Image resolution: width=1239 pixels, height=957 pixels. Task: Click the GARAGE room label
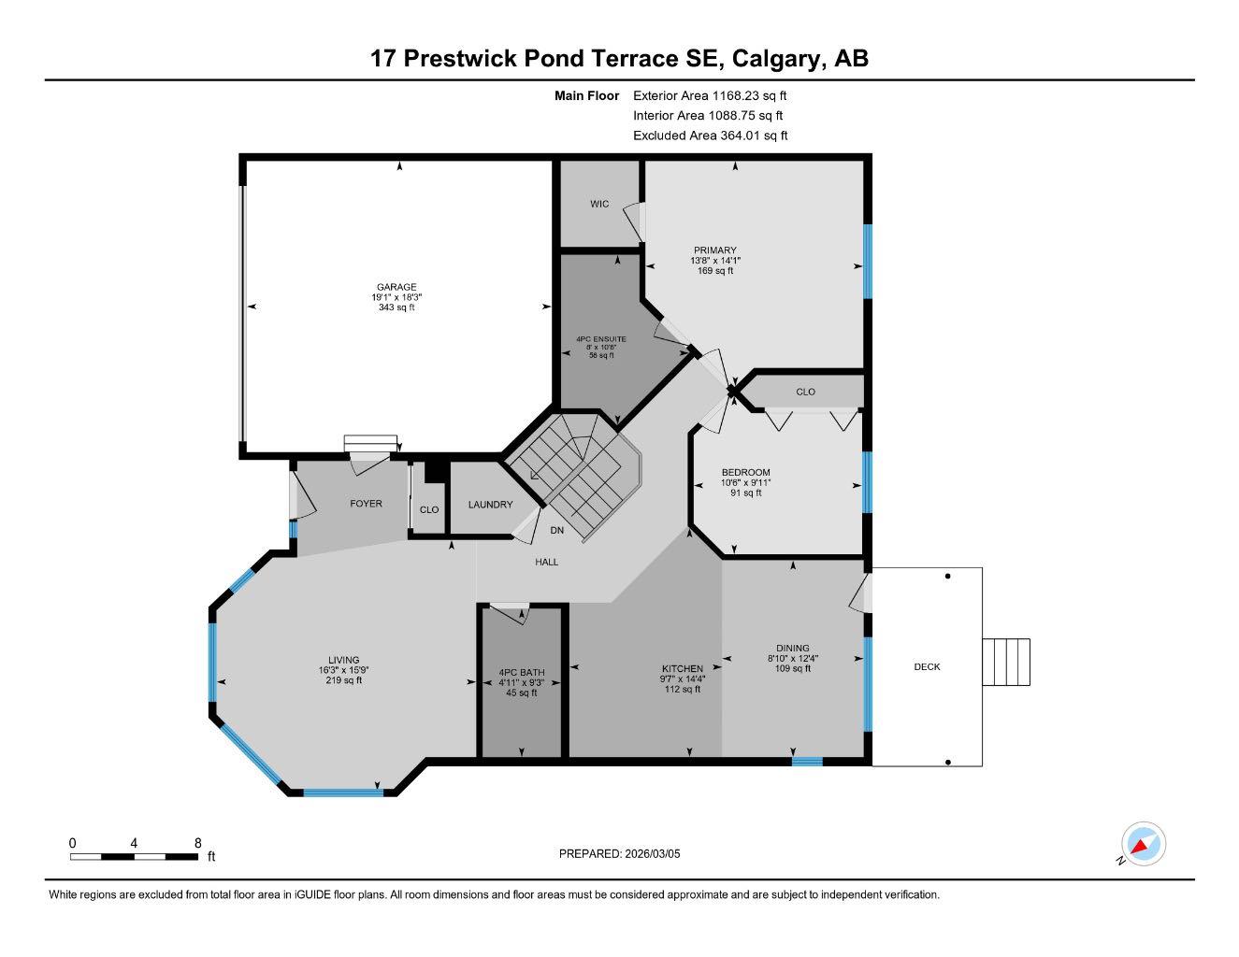pos(396,287)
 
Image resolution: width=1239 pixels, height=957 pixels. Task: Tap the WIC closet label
pos(599,204)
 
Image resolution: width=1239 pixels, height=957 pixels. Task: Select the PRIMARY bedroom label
pos(715,250)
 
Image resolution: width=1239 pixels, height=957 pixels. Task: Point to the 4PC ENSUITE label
pos(601,338)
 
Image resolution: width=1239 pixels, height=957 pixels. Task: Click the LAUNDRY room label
pos(490,505)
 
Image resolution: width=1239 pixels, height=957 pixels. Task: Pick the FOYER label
pos(366,504)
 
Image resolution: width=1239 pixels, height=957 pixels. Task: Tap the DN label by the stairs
pos(557,531)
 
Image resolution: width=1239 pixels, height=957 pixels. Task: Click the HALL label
pos(547,562)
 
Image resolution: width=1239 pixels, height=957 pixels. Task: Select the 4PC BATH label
pos(521,672)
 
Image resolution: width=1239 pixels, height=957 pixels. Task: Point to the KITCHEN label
pos(683,668)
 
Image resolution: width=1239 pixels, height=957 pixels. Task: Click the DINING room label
pos(792,648)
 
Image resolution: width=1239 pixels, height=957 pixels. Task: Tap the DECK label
pos(927,666)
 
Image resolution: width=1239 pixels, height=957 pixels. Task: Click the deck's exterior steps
pos(1006,662)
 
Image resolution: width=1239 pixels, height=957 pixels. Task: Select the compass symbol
pos(1143,845)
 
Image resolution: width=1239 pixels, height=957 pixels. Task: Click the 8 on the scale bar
pos(197,843)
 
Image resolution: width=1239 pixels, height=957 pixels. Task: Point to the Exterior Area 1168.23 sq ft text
pos(710,95)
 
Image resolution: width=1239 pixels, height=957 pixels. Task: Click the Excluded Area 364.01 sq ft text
pos(710,136)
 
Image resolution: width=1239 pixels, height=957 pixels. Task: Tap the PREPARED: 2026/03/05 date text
pos(620,853)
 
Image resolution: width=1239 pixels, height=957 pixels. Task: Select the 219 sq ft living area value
pos(343,680)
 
